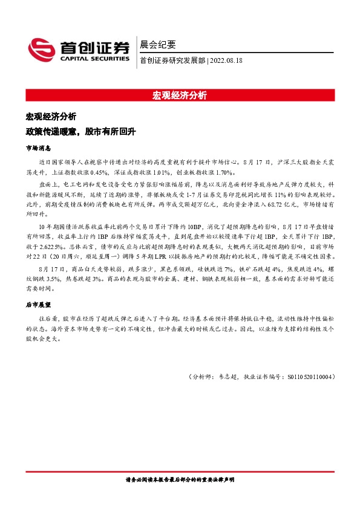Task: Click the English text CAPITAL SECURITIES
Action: tap(94, 59)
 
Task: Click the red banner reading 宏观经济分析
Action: tap(180, 95)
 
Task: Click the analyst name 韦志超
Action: tap(227, 377)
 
